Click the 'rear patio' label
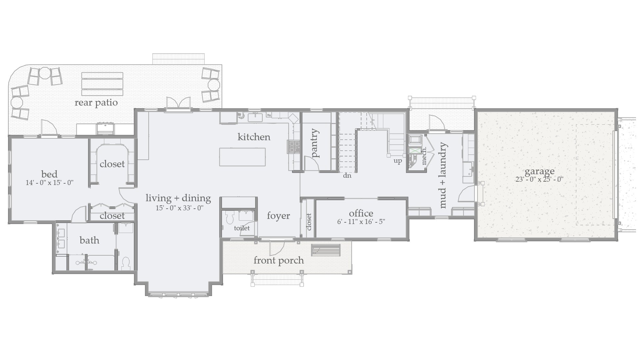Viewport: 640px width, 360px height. (x=96, y=102)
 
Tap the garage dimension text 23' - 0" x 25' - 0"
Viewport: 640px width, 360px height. (x=539, y=179)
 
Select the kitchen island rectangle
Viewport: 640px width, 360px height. (x=242, y=157)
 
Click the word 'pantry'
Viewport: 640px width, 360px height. (x=314, y=143)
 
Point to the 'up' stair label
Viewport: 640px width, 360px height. (x=398, y=161)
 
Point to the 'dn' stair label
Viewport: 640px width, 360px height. (x=347, y=175)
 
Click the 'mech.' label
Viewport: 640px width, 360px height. (x=424, y=156)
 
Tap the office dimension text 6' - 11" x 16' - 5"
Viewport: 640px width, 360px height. (x=361, y=222)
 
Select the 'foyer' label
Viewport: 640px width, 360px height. (x=278, y=216)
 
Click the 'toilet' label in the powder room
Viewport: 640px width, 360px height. (x=242, y=228)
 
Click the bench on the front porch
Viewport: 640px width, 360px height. (x=326, y=250)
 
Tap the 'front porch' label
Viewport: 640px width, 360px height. (x=279, y=260)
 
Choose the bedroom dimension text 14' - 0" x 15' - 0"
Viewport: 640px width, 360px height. (x=49, y=183)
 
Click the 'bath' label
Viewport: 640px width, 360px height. (x=89, y=240)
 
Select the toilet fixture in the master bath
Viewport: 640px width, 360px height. (x=126, y=263)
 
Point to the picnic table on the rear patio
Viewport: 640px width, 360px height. (x=102, y=85)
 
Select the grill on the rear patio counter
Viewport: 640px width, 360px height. (x=106, y=128)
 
